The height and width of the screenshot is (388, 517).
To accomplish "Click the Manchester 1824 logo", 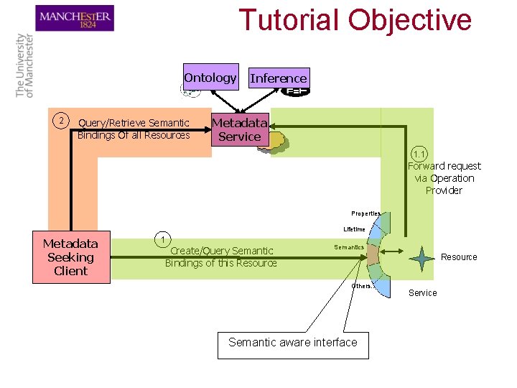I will (x=75, y=18).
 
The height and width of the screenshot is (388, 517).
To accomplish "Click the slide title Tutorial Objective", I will (x=355, y=20).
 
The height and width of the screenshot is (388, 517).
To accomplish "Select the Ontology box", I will (x=210, y=78).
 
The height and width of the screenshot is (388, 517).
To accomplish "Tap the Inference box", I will (x=278, y=78).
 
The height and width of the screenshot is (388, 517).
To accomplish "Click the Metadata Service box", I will (x=239, y=129).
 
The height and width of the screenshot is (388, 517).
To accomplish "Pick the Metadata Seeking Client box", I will (x=70, y=257).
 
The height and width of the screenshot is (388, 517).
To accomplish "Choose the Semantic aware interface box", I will (x=292, y=343).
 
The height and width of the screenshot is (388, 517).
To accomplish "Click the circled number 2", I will (x=62, y=119).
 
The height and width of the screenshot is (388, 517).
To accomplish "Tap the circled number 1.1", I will (x=420, y=153).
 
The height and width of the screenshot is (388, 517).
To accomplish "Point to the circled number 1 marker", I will (x=164, y=239).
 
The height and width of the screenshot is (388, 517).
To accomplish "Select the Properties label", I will (x=365, y=213).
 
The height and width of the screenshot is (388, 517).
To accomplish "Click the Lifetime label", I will (x=354, y=229).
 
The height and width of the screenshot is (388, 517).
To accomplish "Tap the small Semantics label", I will (x=349, y=247).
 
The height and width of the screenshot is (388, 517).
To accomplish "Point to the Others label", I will (x=362, y=285).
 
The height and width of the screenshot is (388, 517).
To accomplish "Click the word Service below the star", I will (x=422, y=292).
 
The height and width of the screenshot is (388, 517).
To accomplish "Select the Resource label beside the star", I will (x=459, y=257).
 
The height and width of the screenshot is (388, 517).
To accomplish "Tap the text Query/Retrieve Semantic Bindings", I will (x=134, y=129).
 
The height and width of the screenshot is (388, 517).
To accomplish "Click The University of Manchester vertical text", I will (x=24, y=65).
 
